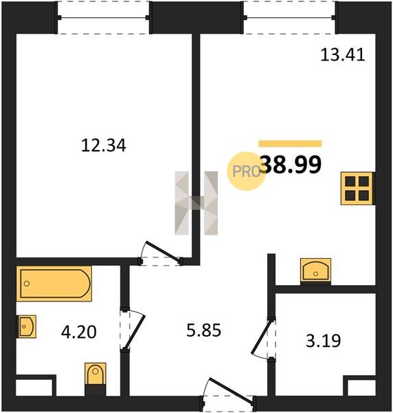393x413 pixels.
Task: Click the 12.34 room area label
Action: (104, 145)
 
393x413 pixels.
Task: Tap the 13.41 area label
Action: (343, 55)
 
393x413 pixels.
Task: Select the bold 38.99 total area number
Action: (292, 165)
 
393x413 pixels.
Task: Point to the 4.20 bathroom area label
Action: (78, 332)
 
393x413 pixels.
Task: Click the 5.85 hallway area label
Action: (204, 330)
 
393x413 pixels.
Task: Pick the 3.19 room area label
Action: (324, 341)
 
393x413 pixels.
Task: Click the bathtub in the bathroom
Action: (54, 284)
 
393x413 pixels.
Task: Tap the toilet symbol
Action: (96, 374)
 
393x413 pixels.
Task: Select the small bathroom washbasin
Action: (26, 326)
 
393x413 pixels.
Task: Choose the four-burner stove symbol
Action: (357, 189)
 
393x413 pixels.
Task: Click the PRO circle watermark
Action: (247, 171)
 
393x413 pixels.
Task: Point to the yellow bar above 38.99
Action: (290, 143)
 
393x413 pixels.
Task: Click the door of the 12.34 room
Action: (163, 253)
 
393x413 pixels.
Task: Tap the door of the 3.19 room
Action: (260, 338)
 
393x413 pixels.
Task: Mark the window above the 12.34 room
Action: (104, 18)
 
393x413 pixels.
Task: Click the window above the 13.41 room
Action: (290, 18)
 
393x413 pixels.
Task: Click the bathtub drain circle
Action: (27, 284)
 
